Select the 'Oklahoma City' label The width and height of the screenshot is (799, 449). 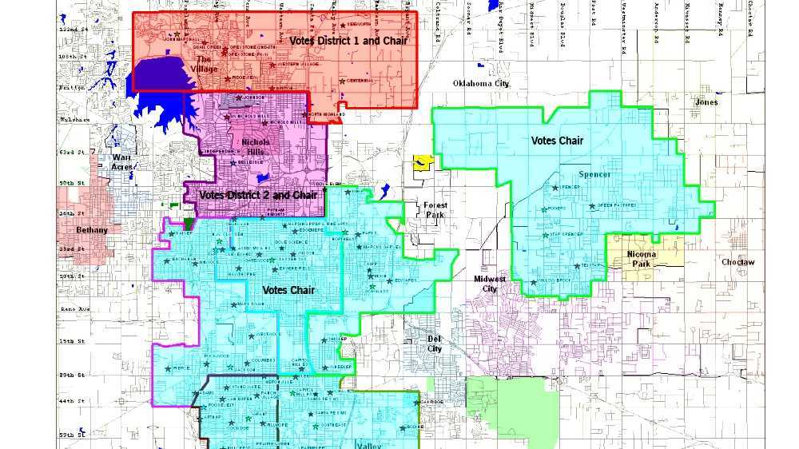(x=480, y=83)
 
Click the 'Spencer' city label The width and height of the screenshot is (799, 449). (x=595, y=174)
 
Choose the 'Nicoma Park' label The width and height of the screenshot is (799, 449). (x=642, y=259)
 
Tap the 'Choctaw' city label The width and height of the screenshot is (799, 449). (x=737, y=262)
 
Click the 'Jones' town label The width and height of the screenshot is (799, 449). (x=706, y=102)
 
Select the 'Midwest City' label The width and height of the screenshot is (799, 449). (x=490, y=284)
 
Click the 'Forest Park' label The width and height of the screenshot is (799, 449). (x=435, y=210)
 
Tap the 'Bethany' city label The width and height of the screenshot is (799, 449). (x=92, y=230)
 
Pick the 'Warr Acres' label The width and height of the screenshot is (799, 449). (x=121, y=162)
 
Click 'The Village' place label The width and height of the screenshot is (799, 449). (x=205, y=64)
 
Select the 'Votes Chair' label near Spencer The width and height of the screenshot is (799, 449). (x=557, y=141)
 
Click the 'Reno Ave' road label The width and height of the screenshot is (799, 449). (x=71, y=308)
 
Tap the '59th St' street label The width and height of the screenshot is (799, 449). (x=71, y=435)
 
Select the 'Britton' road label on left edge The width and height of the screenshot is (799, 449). (x=71, y=88)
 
